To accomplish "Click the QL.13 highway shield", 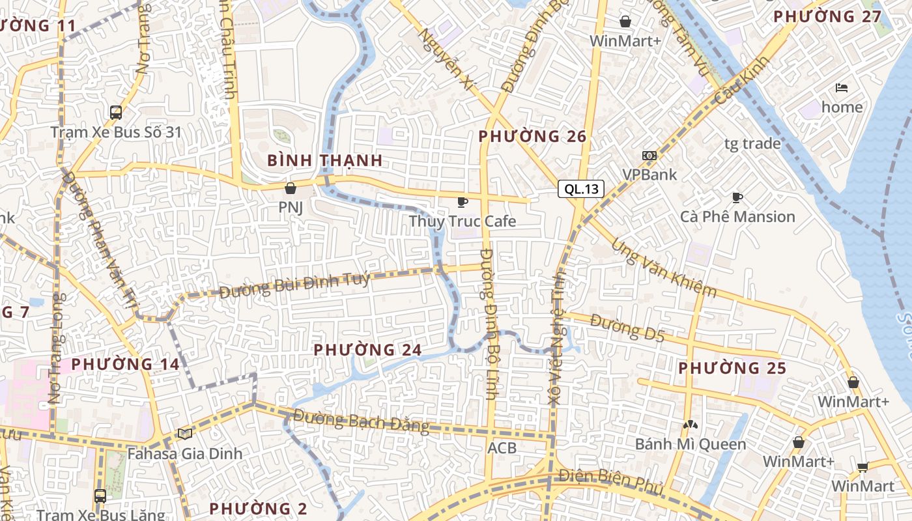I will (581, 190).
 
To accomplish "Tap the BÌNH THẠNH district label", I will (324, 160).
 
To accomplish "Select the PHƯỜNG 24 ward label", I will (367, 350).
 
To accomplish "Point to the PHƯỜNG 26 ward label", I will (532, 136).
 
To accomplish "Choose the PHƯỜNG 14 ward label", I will (125, 364).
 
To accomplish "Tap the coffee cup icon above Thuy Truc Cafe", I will (462, 203).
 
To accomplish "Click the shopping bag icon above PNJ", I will (291, 188).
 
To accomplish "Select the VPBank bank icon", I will (649, 156).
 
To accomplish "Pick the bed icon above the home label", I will (842, 88).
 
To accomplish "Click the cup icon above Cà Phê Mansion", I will (737, 197).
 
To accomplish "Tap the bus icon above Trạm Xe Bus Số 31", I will (116, 113).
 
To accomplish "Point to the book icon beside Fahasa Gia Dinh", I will (185, 434).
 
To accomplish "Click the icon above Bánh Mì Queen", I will (690, 425).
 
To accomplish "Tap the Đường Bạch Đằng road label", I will (361, 421).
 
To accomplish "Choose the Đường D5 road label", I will (627, 327).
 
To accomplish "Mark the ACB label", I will (502, 448).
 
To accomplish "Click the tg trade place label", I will (752, 143).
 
